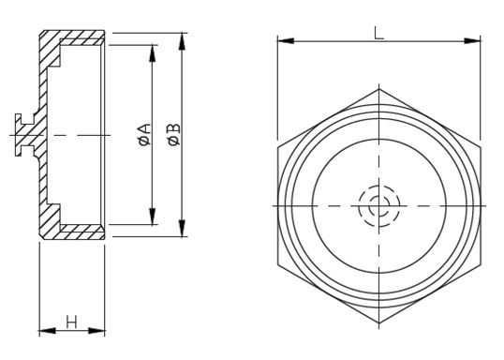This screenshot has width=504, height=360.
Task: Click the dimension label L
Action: tap(379, 33)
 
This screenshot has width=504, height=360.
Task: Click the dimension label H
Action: tap(71, 322)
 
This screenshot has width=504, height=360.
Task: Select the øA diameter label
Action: tap(144, 134)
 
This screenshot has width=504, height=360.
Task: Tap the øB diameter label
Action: tap(174, 134)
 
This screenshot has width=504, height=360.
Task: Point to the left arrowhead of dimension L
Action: tap(286, 41)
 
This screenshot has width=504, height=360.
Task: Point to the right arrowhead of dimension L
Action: tap(472, 41)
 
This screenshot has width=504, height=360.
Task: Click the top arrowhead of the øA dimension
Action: tap(153, 53)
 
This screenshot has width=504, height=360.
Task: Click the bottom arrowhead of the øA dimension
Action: tap(153, 217)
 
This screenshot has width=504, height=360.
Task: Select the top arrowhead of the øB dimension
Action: tap(183, 41)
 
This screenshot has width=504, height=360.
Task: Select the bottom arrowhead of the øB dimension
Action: tap(183, 228)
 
